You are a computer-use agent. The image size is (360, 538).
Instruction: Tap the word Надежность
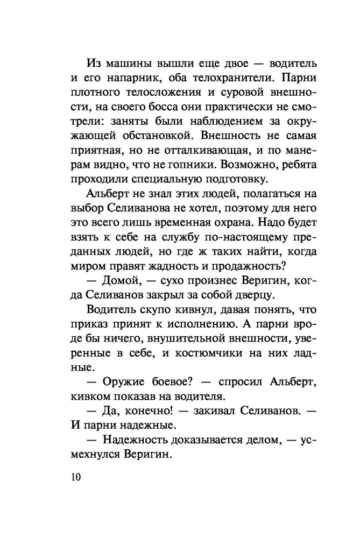coord(137,441)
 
